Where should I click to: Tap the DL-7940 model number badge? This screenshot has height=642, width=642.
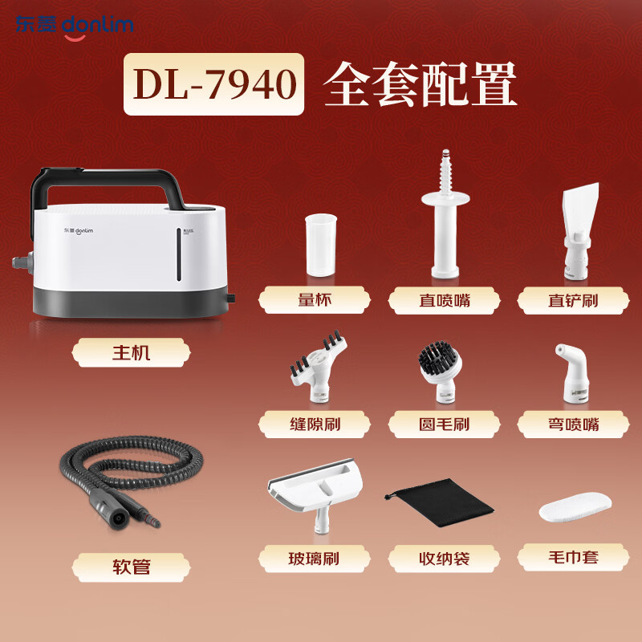point(213,84)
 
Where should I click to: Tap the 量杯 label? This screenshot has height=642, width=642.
point(314,301)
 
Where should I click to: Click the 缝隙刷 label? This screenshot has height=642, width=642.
point(314,423)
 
